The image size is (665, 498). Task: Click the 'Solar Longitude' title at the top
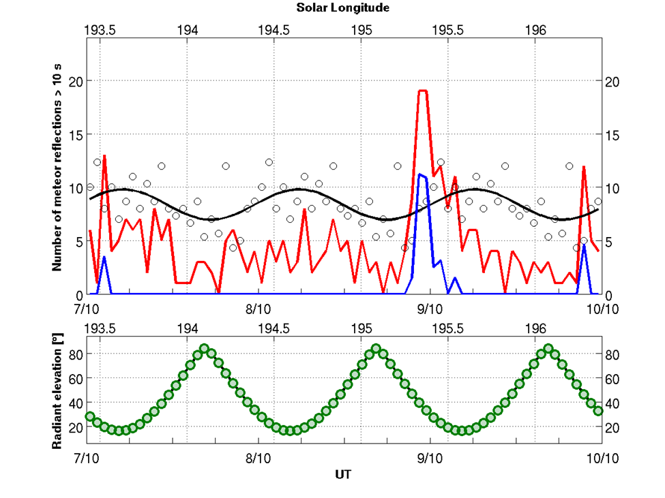click(342, 8)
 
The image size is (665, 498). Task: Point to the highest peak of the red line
click(423, 91)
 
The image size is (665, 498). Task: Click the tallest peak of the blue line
click(420, 174)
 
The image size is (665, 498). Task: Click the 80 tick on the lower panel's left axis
click(74, 354)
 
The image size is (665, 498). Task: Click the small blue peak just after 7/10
click(104, 257)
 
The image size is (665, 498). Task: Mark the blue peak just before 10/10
click(584, 245)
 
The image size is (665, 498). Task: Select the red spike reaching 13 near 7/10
click(104, 156)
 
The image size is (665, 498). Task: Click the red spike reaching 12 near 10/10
click(584, 167)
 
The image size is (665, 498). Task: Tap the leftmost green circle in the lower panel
click(89, 416)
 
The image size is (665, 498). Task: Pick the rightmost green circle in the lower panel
click(599, 410)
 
